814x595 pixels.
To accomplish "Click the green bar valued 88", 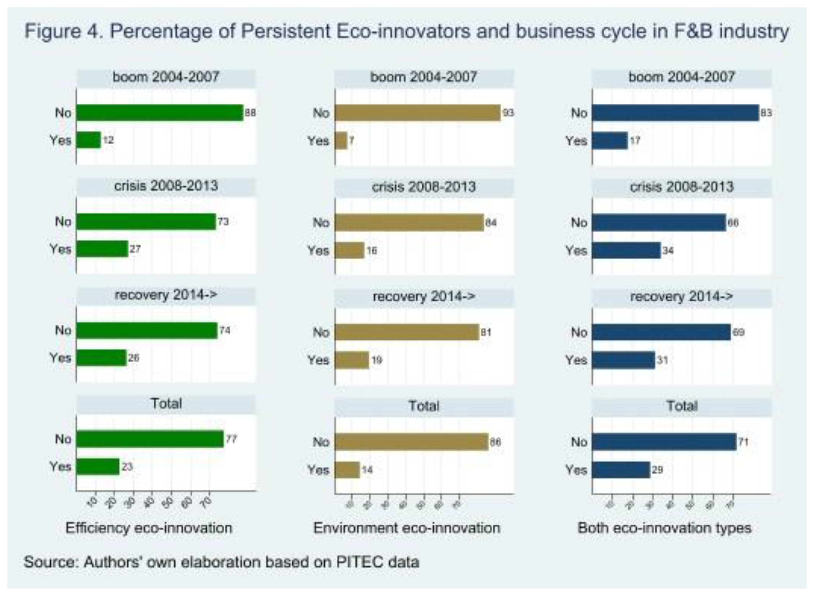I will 160,113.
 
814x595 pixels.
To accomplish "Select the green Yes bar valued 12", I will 88,140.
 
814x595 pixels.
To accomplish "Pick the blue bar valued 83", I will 676,113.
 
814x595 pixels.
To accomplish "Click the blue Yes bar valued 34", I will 626,250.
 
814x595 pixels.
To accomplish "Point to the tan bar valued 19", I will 352,360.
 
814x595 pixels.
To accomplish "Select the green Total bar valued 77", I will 150,439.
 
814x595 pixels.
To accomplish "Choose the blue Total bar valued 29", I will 621,470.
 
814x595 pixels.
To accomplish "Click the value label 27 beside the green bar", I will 135,249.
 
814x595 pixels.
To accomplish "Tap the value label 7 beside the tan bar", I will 351,140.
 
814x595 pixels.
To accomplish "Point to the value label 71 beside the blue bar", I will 744,442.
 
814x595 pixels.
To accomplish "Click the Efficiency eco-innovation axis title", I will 149,528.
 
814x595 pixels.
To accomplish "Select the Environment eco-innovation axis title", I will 407,528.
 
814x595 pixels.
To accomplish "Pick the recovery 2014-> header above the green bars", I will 166,295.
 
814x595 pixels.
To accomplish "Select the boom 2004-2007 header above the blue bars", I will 682,77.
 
